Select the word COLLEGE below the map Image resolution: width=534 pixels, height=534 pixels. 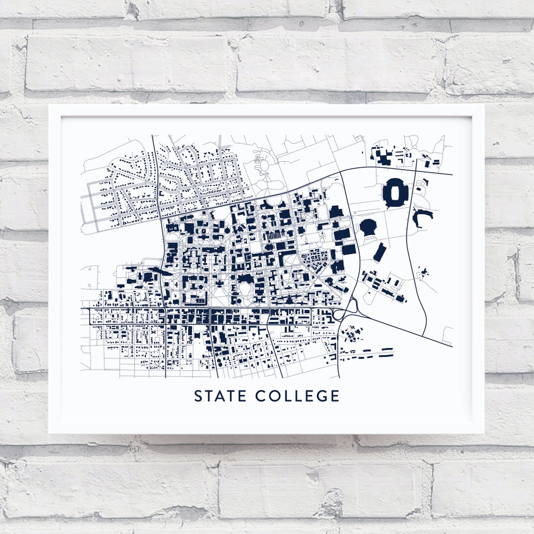pos(298,396)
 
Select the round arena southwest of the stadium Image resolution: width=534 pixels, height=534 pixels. pos(368,227)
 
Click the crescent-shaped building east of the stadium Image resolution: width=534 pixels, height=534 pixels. pos(422,216)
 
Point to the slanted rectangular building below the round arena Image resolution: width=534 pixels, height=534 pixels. pos(380,252)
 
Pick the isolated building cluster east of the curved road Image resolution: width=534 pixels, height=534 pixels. pos(423,272)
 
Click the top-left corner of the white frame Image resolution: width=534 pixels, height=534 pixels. pos(49,105)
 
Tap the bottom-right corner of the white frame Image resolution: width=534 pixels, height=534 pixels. pos(483,433)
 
